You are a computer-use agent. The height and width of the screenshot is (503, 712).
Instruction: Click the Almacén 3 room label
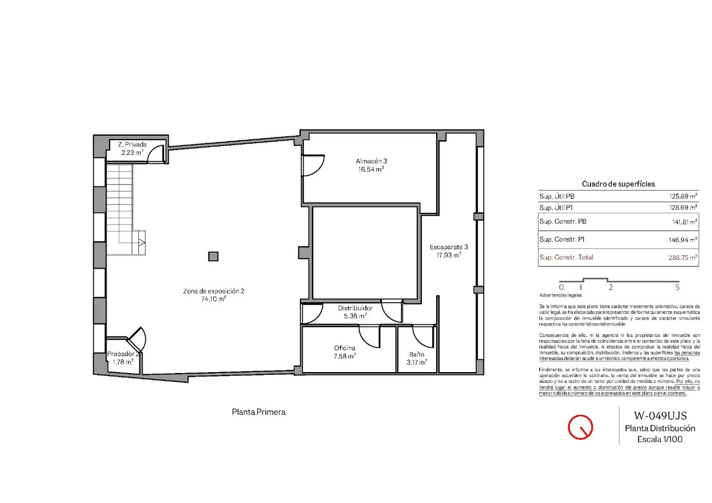pos(371,161)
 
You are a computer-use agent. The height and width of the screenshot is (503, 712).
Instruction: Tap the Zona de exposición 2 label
pos(214,291)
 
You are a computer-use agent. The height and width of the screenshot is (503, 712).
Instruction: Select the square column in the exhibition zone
pos(213,256)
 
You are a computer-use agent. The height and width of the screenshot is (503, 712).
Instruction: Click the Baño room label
pos(416,354)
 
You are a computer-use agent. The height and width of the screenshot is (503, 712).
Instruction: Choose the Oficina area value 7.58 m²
pos(345,356)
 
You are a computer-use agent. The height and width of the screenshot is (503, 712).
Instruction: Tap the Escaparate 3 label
pos(448,247)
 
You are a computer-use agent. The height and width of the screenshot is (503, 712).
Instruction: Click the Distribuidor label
pos(355,308)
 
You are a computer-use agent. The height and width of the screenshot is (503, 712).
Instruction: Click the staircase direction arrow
pos(142,243)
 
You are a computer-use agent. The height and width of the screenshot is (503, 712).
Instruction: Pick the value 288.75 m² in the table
pos(683,257)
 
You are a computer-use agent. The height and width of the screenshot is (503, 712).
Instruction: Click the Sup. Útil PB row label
pos(556,196)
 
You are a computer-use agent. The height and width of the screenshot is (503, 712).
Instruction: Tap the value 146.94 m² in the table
pos(683,239)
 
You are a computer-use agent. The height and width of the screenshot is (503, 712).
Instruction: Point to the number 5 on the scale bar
pos(677,287)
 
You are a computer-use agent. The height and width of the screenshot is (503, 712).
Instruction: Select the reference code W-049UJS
pos(660,415)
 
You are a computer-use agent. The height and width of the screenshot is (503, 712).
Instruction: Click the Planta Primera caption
pos(259,412)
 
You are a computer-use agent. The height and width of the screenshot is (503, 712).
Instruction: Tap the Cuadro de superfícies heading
pos(618,184)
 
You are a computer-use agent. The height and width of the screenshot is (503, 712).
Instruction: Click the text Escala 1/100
pos(660,439)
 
